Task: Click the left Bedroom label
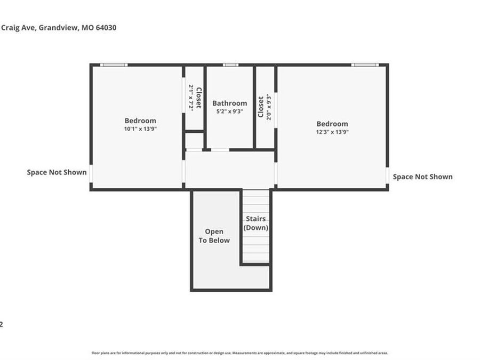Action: point(140,121)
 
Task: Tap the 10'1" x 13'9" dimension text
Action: point(140,129)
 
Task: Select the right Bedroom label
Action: point(332,124)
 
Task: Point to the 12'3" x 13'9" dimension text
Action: point(332,132)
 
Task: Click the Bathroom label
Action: point(229,103)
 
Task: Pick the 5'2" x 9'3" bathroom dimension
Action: point(229,111)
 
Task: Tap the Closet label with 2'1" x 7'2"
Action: point(198,98)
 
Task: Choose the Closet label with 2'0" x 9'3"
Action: point(261,107)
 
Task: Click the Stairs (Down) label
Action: point(255,223)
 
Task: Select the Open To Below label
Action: point(214,236)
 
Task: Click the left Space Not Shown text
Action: point(57,172)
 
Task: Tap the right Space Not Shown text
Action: point(422,177)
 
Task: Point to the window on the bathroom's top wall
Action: point(230,65)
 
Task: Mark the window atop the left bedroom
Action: point(114,65)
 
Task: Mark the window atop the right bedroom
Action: point(365,65)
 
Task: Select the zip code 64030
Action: point(105,28)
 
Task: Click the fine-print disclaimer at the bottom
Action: point(239,353)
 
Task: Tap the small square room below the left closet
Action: point(194,141)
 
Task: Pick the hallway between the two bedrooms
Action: point(229,169)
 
